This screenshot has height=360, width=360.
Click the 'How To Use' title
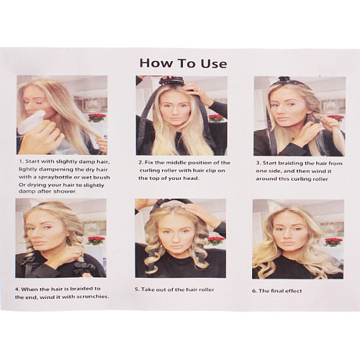183,63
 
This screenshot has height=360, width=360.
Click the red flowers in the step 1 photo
97,117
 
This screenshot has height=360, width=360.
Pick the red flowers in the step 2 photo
216,118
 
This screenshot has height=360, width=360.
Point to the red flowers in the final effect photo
333,242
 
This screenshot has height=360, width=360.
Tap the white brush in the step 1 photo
31,123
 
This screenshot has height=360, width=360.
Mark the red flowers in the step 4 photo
96,240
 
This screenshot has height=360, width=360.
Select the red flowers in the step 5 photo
216,240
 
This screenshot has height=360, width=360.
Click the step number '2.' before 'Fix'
140,163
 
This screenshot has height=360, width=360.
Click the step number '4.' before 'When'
17,289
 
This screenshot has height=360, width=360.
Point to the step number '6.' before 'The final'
254,291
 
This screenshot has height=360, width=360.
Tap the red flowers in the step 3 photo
336,118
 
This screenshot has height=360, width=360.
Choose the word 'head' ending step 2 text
191,179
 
